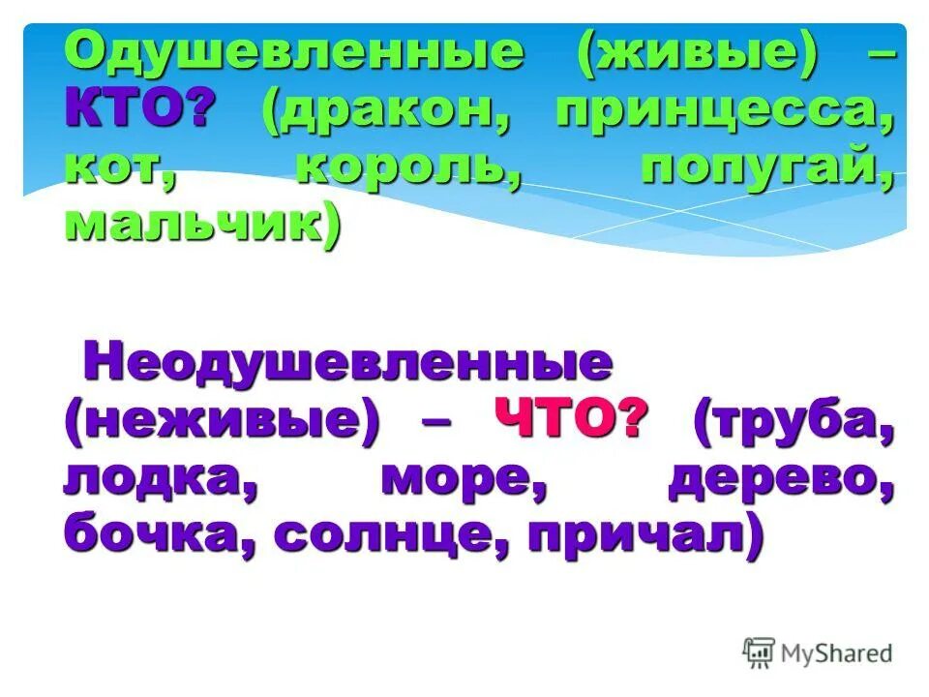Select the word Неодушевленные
coord(348,366)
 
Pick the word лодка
coord(159,480)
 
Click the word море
coord(459,480)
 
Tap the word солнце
coord(388,537)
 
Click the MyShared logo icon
coord(760,652)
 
